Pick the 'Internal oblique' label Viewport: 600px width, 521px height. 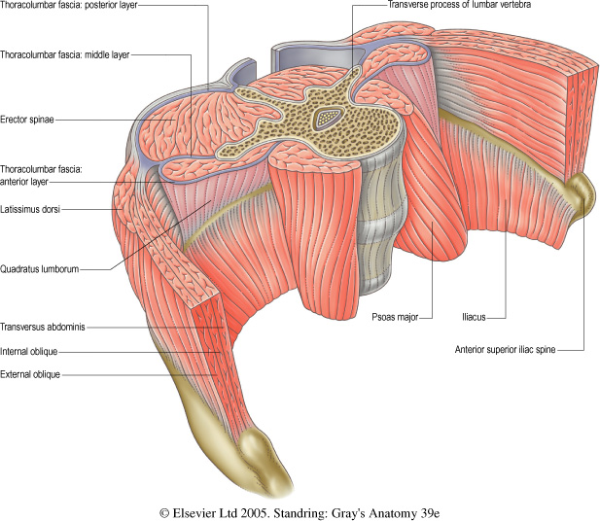(x=32, y=350)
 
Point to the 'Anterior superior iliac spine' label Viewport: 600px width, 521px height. (x=511, y=349)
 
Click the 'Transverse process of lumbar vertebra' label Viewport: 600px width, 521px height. (x=447, y=6)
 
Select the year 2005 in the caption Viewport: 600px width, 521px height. (x=257, y=507)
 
